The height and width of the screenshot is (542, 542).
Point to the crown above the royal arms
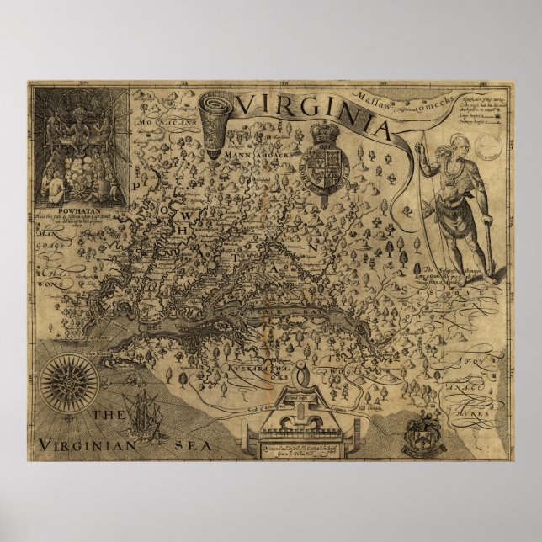coord(324,134)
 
